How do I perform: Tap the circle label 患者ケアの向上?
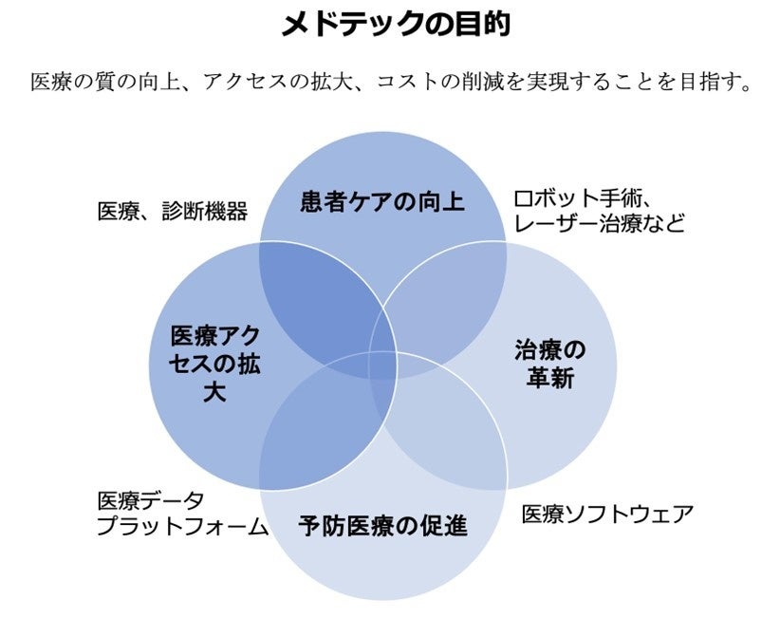[x=382, y=201]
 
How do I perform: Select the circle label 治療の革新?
[x=549, y=364]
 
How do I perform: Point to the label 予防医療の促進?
[x=383, y=525]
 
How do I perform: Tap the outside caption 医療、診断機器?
[x=173, y=211]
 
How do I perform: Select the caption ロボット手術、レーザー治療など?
[x=598, y=211]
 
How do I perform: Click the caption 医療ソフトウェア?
[x=607, y=514]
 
